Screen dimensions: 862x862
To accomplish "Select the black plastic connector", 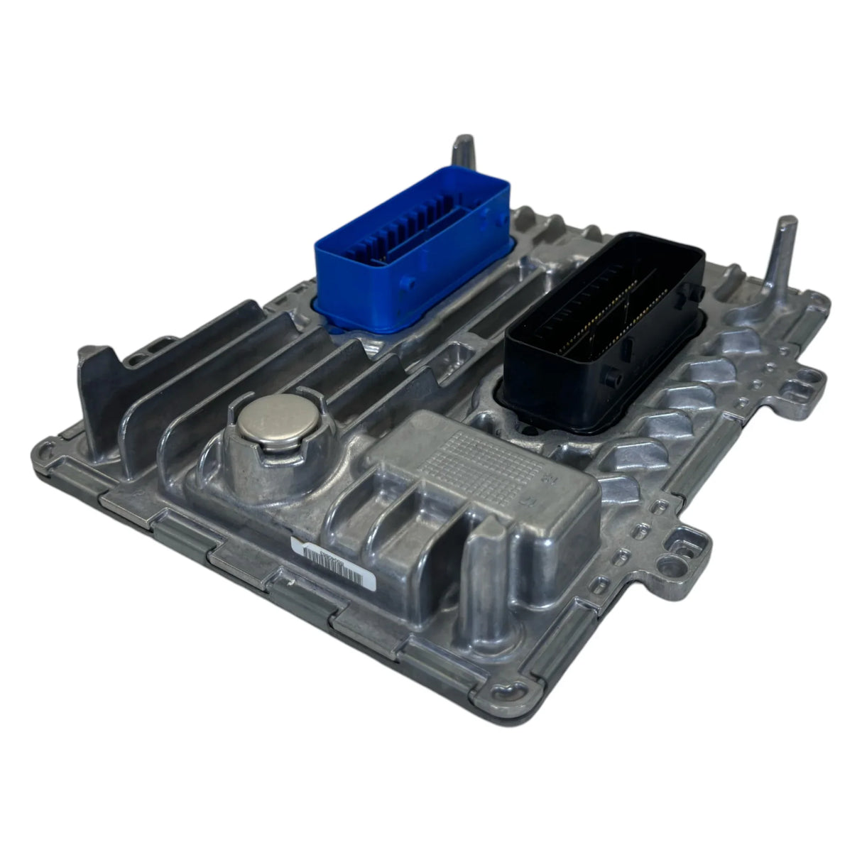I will [600, 334].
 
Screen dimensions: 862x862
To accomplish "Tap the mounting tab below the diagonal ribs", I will [685, 547].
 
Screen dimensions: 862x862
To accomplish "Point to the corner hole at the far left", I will [48, 448].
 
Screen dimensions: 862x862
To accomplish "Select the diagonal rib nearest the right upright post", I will [731, 341].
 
